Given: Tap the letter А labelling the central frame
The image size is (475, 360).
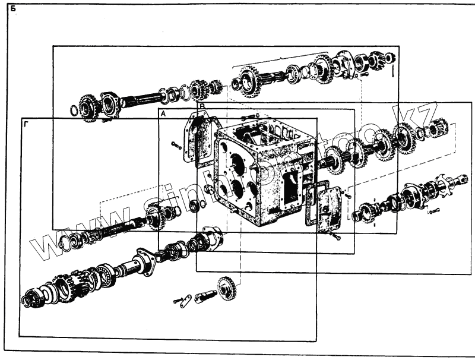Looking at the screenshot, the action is click(x=163, y=113).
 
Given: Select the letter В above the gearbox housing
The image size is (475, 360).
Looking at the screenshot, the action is click(x=202, y=106).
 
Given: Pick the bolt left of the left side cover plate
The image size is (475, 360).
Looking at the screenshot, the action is click(x=176, y=144).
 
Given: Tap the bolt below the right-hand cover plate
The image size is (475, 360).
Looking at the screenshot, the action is click(x=337, y=237).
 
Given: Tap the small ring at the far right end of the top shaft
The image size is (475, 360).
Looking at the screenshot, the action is click(x=389, y=58).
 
